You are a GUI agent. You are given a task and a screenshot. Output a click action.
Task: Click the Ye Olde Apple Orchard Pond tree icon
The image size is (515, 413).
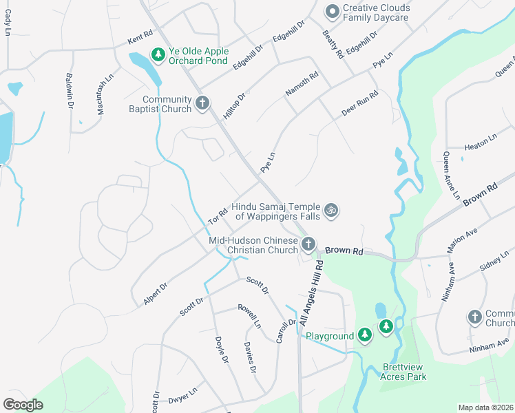(158, 54)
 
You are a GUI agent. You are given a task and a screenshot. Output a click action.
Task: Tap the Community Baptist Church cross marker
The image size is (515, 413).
(202, 103)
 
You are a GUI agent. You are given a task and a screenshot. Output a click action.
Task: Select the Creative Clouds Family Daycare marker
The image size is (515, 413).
(333, 10)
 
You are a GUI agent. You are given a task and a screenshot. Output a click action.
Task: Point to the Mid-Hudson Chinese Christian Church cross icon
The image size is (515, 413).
(309, 244)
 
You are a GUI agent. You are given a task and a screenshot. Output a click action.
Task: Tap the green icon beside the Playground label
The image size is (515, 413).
(365, 335)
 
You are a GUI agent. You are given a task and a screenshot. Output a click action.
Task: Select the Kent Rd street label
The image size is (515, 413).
(138, 41)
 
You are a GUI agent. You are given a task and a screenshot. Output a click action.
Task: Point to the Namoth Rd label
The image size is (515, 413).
(302, 85)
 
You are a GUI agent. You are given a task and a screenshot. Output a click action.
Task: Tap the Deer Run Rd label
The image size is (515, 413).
(360, 103)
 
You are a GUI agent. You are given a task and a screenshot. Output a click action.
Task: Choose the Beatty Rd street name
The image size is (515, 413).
(332, 44)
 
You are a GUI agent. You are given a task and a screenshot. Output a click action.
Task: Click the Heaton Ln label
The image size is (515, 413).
(481, 142)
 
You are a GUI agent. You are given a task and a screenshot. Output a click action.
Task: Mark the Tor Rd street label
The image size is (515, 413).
(218, 217)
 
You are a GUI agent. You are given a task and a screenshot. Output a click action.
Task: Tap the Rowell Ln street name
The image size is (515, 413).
(249, 315)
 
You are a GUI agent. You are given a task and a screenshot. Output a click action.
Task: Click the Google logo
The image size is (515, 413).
(23, 404)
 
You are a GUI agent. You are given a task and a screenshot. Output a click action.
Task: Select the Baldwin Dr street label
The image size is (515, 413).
(70, 92)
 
